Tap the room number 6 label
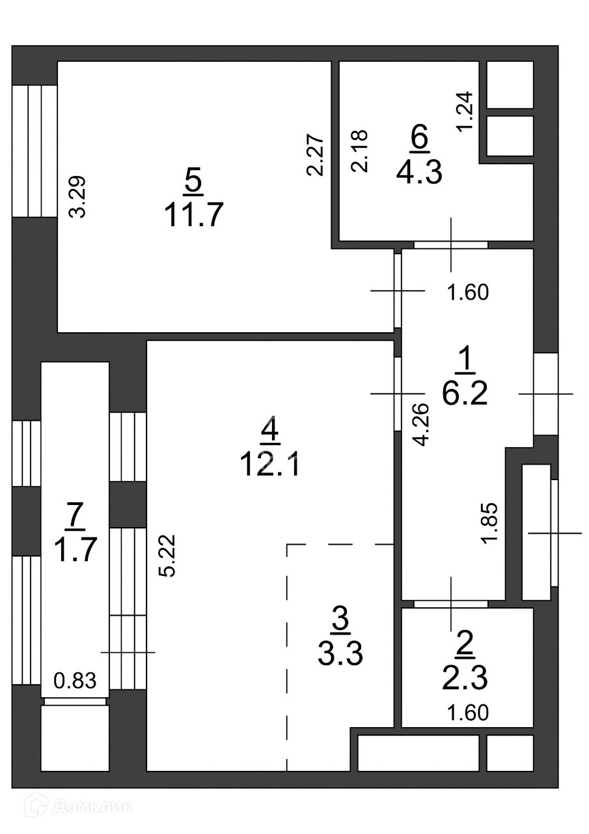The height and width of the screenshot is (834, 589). (420, 138)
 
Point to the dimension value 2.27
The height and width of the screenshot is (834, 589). (314, 154)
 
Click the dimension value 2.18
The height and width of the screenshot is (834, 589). (360, 151)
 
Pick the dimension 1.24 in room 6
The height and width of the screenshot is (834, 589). (465, 111)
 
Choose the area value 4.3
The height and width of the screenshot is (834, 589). (419, 173)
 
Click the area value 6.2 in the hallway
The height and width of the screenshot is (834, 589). (465, 393)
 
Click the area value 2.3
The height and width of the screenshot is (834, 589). (465, 678)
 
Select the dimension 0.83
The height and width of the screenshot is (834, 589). (75, 682)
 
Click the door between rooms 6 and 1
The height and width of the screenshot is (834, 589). (451, 245)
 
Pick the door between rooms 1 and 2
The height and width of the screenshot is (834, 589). (451, 604)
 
